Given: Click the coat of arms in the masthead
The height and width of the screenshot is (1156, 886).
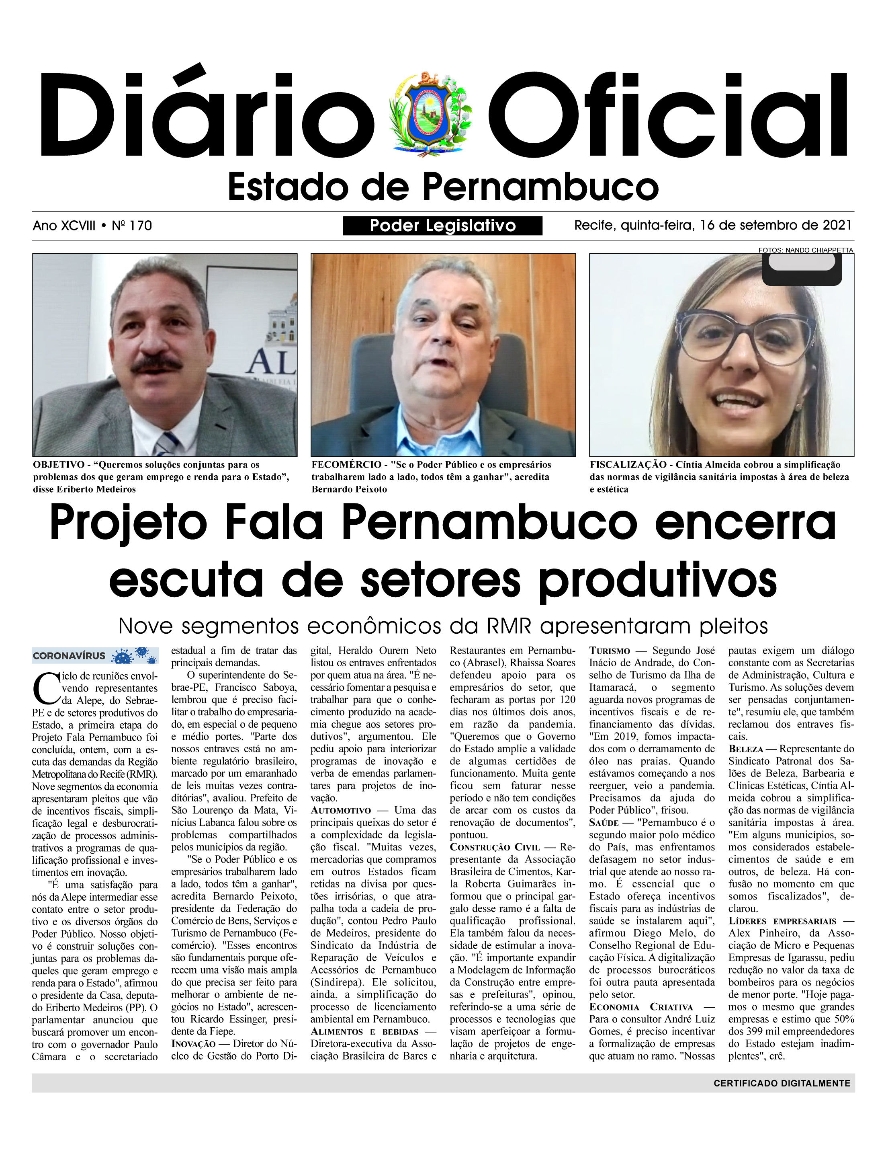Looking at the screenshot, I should pos(430,114).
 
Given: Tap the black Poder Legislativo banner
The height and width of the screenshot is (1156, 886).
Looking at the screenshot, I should pos(442,226).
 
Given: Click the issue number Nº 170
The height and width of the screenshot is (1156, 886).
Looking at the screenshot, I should pos(132,226).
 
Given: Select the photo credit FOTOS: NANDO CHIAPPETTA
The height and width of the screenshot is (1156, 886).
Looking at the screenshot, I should pos(805,250).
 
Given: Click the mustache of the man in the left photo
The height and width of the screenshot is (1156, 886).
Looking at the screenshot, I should pos(157,365).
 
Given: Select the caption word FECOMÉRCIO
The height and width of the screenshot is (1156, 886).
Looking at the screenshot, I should pos(346,465).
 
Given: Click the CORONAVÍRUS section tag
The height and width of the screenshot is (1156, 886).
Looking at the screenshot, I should pos(69,656).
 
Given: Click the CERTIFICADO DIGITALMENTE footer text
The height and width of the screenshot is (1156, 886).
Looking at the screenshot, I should pos(782,1083).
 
